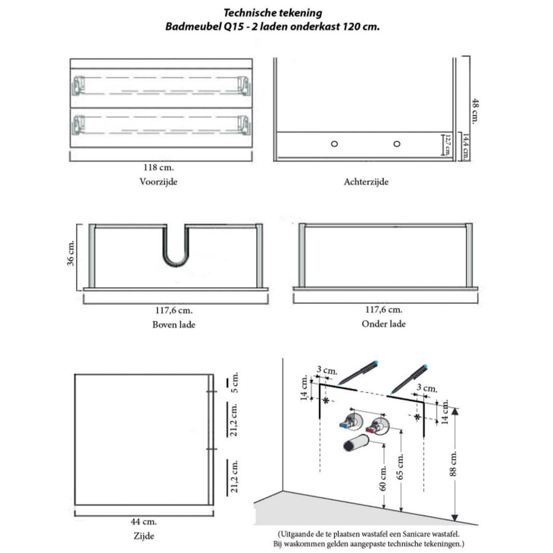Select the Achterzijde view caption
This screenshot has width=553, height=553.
tap(367, 182)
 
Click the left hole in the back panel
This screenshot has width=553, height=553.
tap(334, 143)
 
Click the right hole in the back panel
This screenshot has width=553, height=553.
tap(397, 143)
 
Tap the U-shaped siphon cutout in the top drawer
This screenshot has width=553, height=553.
tap(176, 249)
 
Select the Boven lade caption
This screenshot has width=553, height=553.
tap(174, 324)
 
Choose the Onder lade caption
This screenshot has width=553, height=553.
tap(383, 324)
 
